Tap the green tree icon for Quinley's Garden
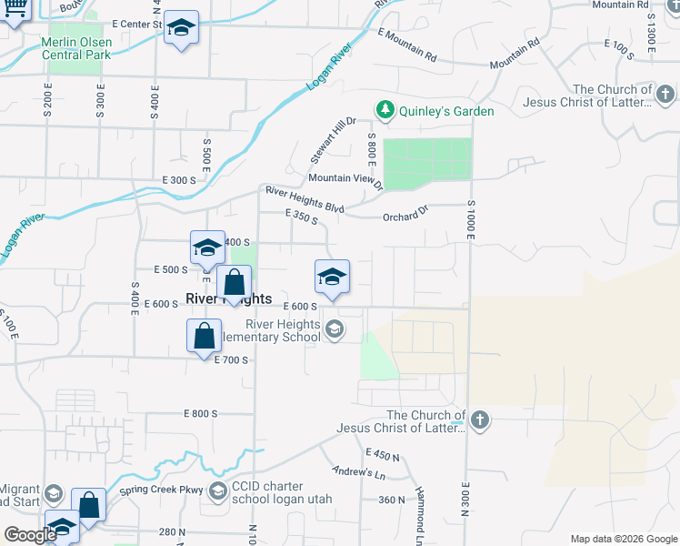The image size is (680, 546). coord(385,110)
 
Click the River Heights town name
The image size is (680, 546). coord(228,298)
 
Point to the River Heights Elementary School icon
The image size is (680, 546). coord(335,329)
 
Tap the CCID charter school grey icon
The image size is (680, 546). coord(217,491)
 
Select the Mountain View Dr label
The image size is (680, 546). coord(345,179)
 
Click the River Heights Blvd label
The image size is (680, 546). coord(305,200)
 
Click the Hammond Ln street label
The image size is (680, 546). coord(420,508)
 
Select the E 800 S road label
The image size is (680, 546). coord(201,413)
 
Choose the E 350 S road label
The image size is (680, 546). coord(301,217)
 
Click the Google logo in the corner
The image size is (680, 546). coord(30,535)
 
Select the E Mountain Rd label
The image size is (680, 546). coord(407,45)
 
